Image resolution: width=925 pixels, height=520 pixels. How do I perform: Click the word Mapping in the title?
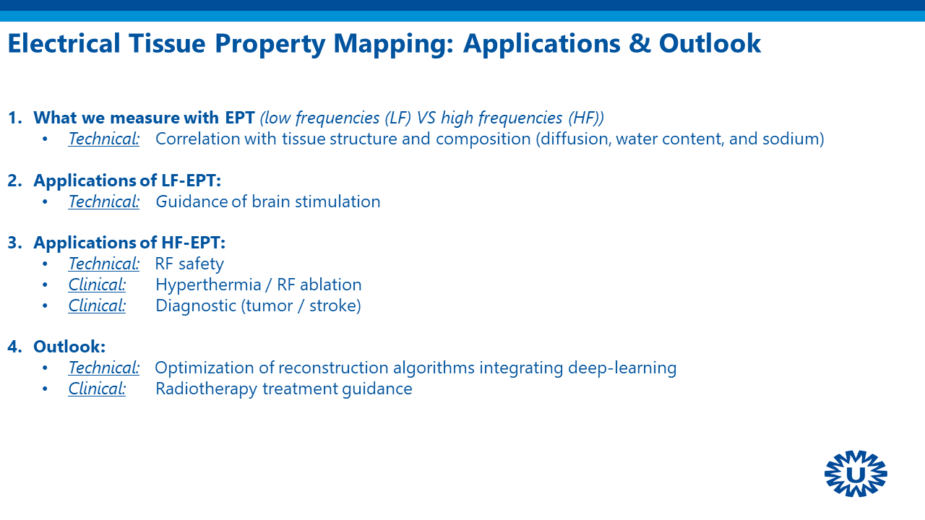pos(394,44)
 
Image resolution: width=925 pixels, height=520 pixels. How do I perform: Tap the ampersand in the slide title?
pos(640,43)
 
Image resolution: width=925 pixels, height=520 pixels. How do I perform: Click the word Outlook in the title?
pos(710,43)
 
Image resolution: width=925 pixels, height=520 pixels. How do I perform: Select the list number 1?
pos(15,118)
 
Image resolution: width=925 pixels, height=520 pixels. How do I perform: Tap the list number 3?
pos(15,242)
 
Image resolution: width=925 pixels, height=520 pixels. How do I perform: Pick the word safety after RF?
pos(201,264)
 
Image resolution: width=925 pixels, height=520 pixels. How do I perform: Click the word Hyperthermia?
pos(209,285)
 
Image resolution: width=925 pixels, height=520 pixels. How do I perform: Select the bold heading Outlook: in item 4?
pos(69,346)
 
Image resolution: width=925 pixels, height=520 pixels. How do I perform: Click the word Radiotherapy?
pos(207,389)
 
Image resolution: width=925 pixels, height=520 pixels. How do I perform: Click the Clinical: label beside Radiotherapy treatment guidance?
pos(97,389)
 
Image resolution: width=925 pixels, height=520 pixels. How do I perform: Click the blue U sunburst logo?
pos(856,473)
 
